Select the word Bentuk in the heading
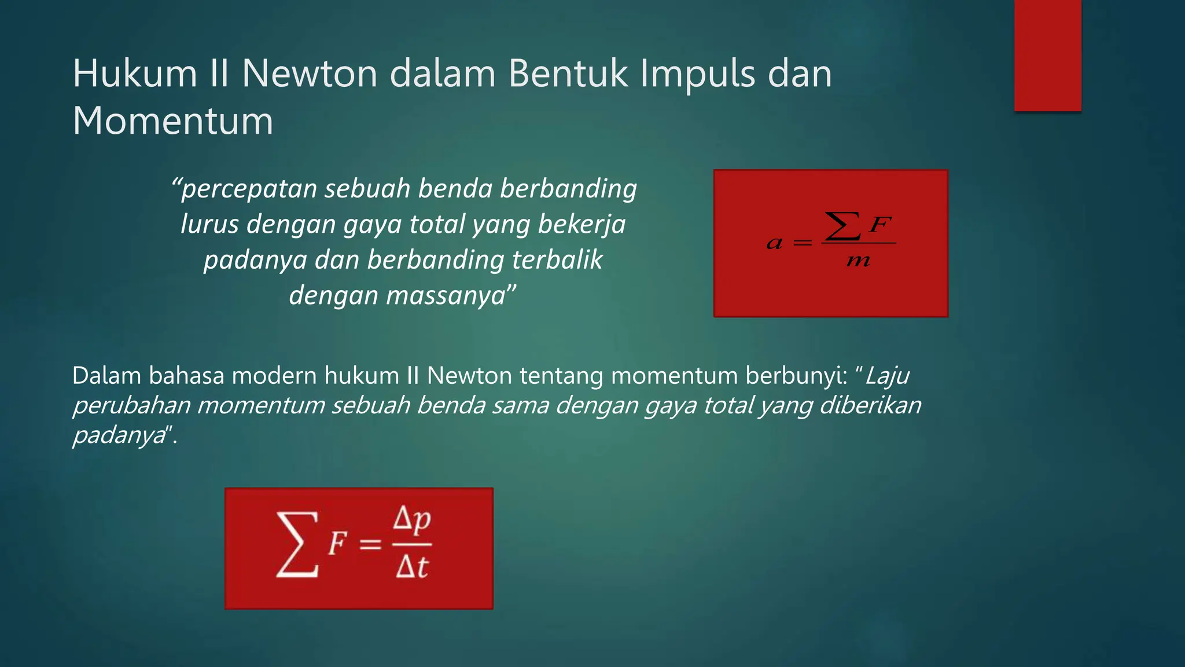[568, 74]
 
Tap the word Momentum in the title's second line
[172, 121]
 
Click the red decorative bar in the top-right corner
[1047, 56]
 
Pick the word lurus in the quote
[209, 225]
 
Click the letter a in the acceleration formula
[774, 244]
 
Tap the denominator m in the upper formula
[858, 261]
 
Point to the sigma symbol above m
[842, 226]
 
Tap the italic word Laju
[887, 376]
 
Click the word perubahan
[131, 405]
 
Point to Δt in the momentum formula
[412, 567]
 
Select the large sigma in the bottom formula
[297, 544]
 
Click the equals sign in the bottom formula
[370, 544]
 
